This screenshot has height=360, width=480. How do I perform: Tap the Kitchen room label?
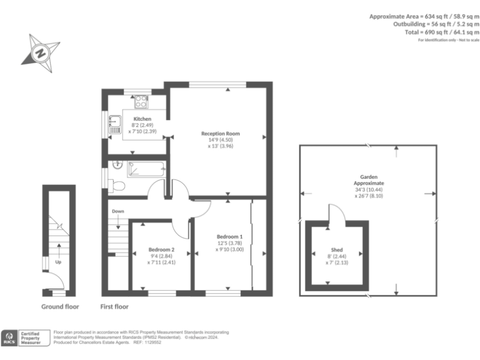[142, 119]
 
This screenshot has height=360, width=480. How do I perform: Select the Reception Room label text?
[220, 133]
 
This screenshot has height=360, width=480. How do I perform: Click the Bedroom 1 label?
[229, 236]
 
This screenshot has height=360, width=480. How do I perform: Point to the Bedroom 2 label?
[161, 250]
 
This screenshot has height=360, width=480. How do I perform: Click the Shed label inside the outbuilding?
[337, 251]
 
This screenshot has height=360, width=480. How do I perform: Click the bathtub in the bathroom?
[145, 168]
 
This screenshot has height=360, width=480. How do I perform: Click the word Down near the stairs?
[117, 211]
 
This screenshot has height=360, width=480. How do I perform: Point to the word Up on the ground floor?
[58, 262]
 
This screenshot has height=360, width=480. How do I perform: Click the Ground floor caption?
[60, 307]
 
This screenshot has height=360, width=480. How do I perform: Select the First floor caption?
[114, 307]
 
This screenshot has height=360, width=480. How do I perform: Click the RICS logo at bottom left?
[9, 338]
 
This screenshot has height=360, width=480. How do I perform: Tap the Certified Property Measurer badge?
[31, 338]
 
